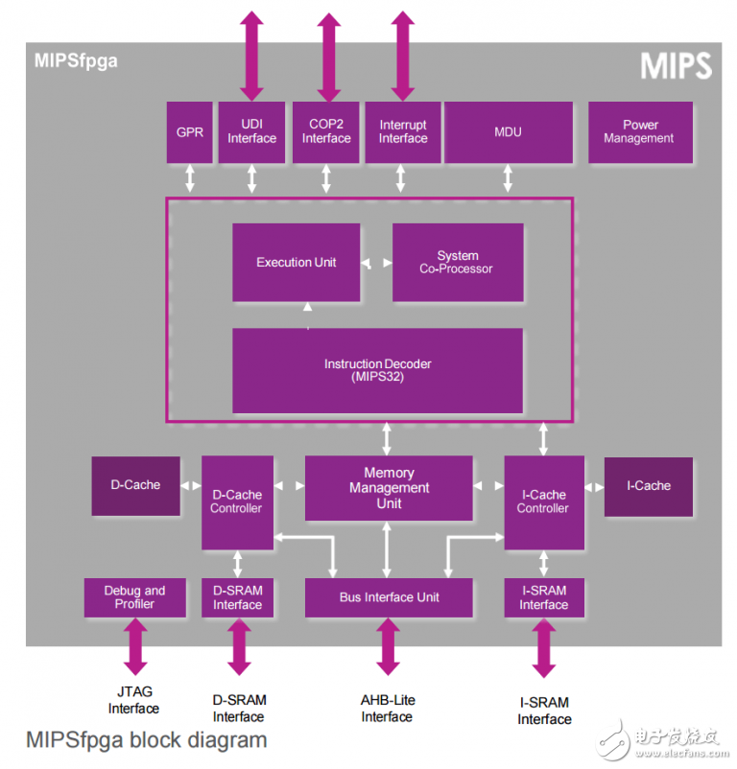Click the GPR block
[x=190, y=132]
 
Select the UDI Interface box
[x=251, y=132]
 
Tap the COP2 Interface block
[x=326, y=132]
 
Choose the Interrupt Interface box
[x=403, y=132]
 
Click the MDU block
[x=508, y=132]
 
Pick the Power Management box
[x=640, y=132]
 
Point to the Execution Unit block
[x=297, y=262]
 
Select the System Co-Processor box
[x=458, y=263]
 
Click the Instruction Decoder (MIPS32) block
[x=377, y=371]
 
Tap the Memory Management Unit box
[x=389, y=488]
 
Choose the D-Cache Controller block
[x=236, y=502]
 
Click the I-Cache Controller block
[x=543, y=502]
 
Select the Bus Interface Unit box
[x=389, y=597]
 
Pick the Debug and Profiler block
[x=134, y=597]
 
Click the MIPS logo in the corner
[x=678, y=66]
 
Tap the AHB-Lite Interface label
[x=388, y=709]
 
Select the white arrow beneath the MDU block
[x=508, y=178]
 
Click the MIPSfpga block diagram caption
[x=146, y=740]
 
